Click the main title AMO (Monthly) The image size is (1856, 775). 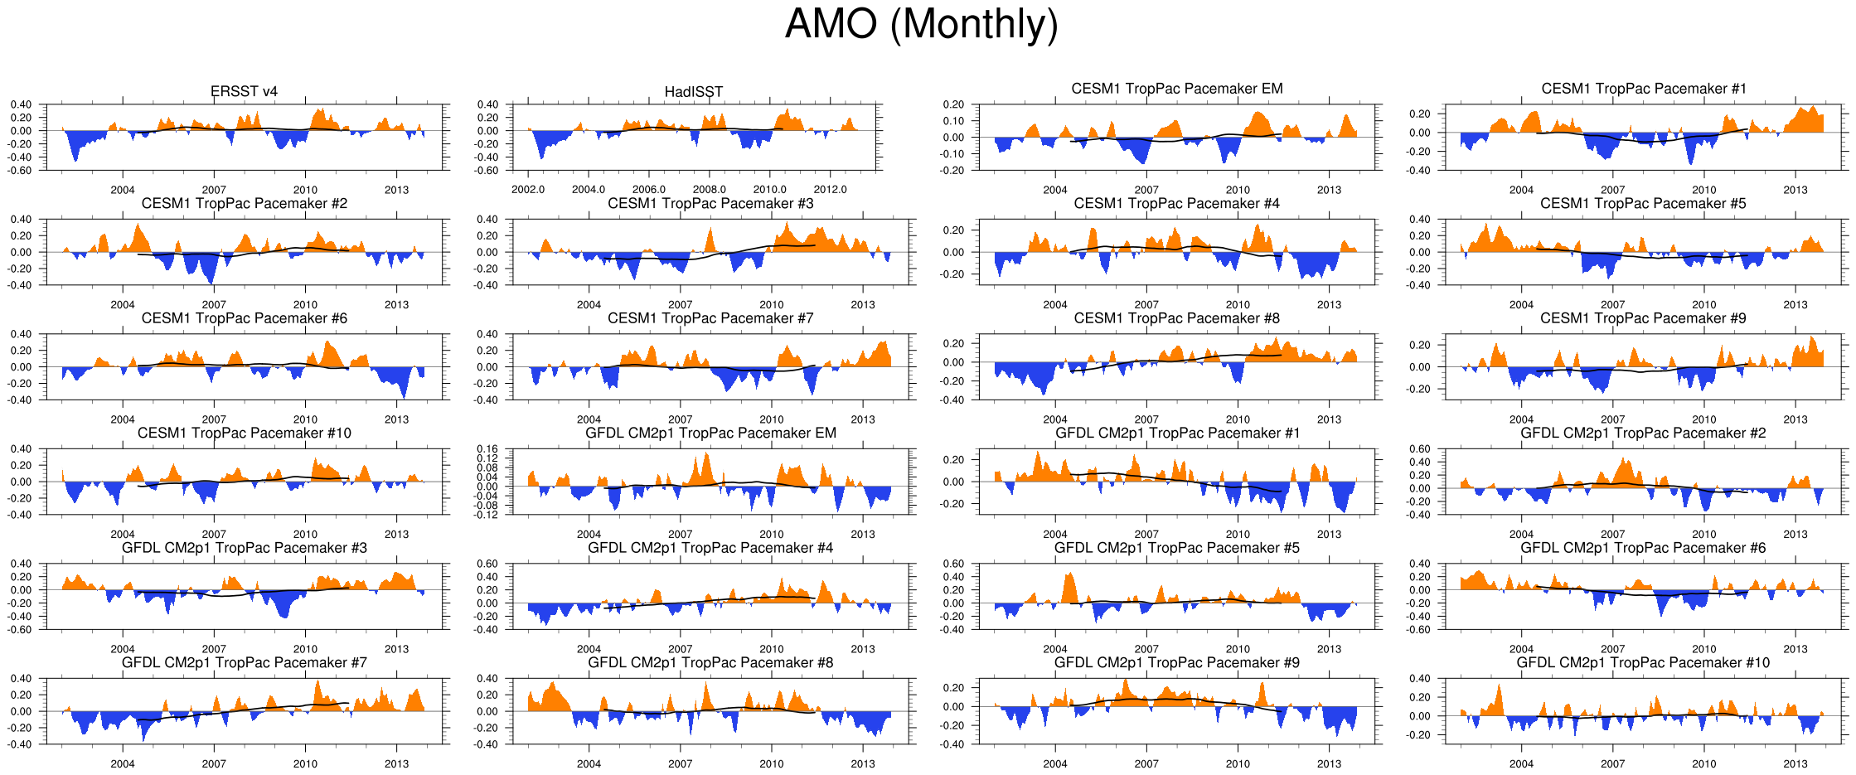921,25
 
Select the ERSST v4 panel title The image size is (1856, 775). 244,91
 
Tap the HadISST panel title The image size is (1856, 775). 693,92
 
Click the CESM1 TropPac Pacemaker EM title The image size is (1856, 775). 1176,89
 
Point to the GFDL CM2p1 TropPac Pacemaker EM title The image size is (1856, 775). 710,433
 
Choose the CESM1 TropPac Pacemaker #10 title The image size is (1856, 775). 244,433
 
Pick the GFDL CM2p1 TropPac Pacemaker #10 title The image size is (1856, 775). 1642,662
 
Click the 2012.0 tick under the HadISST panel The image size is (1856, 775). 830,190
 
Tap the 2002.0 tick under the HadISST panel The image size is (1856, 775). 528,190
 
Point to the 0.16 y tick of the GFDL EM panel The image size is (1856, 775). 487,449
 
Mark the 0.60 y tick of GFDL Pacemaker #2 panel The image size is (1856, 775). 1419,449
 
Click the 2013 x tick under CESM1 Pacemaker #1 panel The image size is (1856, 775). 1795,190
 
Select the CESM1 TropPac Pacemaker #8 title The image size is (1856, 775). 1176,318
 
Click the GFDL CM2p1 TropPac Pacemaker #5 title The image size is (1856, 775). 1176,548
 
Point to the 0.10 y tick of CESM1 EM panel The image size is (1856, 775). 954,121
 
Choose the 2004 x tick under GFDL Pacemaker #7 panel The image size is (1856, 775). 123,764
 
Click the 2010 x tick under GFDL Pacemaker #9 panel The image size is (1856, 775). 1238,764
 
